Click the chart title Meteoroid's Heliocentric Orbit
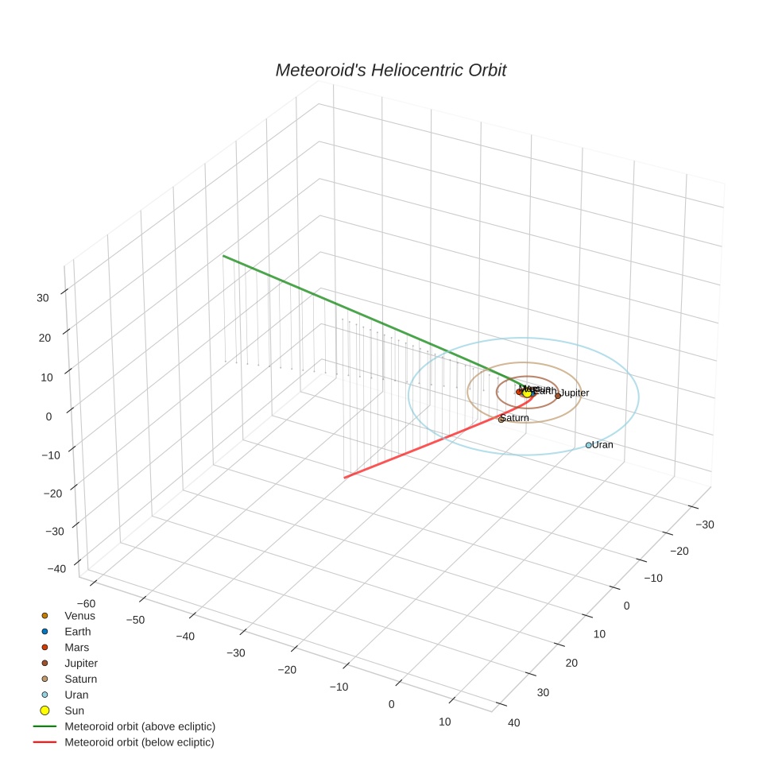[390, 71]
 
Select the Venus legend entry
[79, 616]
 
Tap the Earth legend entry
[77, 632]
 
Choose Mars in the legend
[76, 648]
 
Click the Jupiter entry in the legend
[81, 664]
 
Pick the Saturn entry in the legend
[80, 679]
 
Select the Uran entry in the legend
[76, 695]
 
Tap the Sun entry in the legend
[74, 710]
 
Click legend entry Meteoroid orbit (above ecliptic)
[139, 726]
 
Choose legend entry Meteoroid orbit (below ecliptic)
[139, 742]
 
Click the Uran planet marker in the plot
[589, 445]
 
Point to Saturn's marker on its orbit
[501, 419]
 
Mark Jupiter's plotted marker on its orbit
[558, 395]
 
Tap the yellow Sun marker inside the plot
[527, 393]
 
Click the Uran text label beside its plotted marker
[602, 445]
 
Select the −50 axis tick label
[134, 620]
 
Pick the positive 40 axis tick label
[514, 722]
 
